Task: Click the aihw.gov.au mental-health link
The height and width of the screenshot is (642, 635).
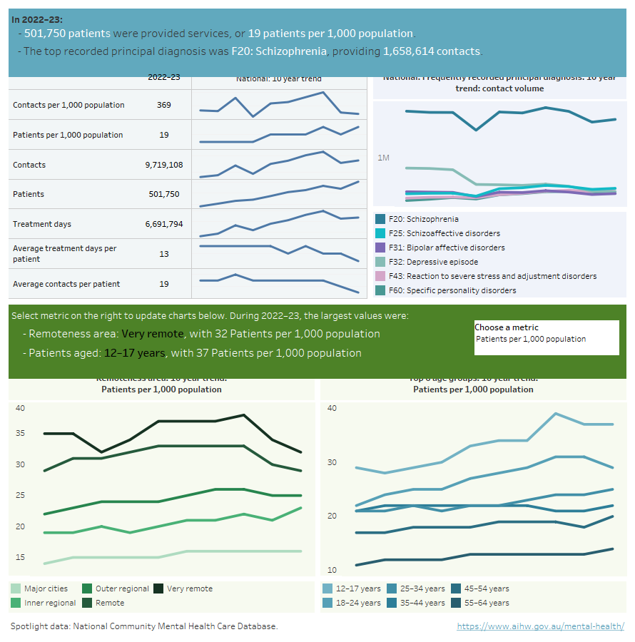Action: coord(540,626)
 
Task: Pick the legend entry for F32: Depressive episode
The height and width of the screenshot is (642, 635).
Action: coord(435,262)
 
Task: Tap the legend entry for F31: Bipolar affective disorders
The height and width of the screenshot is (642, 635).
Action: coord(447,248)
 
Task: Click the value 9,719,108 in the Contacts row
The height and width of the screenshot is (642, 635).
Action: coord(163,165)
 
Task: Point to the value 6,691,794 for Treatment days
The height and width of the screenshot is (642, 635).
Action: coord(163,224)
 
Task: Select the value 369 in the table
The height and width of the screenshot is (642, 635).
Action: coord(163,105)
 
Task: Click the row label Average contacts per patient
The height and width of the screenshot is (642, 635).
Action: coord(66,284)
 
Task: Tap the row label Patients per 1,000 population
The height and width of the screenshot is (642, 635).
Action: coord(68,135)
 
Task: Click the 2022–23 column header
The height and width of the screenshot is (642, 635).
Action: coord(163,78)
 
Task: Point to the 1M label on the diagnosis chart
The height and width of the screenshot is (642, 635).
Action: coord(383,157)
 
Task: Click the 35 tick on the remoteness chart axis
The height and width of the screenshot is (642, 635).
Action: coord(20,433)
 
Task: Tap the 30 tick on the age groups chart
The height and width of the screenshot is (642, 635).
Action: coord(332,462)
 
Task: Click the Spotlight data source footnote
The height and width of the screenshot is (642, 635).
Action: coord(144,626)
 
